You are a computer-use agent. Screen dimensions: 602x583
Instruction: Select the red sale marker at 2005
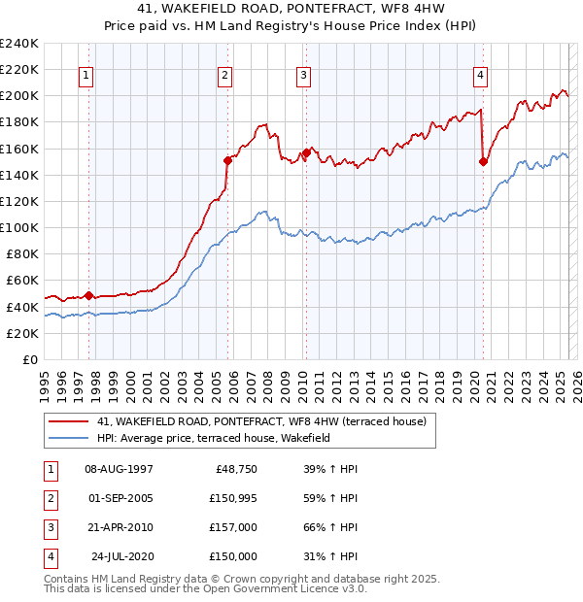point(227,160)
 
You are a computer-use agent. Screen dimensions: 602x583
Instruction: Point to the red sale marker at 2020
point(483,162)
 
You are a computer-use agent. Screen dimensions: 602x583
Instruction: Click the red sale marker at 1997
point(88,295)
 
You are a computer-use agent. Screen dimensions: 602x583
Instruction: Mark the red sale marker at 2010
point(306,152)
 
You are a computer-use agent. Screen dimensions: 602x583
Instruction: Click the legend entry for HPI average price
point(214,438)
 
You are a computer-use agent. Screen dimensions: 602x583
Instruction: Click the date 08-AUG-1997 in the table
point(120,469)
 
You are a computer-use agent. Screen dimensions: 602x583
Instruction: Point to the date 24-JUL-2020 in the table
point(121,556)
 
